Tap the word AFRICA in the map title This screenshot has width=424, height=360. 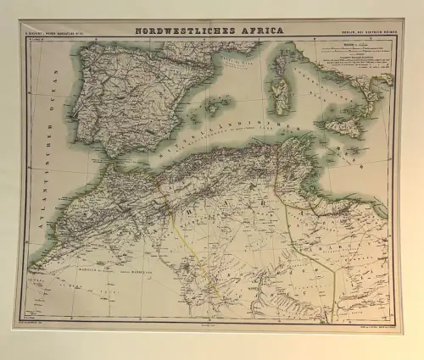[x=259, y=30]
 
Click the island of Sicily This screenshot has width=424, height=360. [x=343, y=127]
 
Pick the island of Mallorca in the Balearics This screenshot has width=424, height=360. [x=219, y=105]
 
